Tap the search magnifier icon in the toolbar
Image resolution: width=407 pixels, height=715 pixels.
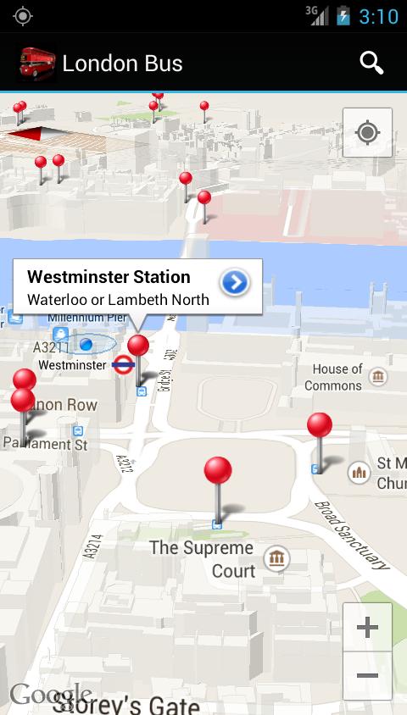371,63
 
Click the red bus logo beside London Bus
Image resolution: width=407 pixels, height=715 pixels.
36,63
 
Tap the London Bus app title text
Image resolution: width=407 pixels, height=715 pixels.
122,64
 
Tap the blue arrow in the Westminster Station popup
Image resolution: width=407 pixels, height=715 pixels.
234,283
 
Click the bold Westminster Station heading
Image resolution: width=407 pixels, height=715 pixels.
109,277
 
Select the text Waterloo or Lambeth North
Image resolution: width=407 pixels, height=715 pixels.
118,299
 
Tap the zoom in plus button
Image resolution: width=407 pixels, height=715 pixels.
367,628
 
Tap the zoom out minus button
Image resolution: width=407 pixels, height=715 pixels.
367,675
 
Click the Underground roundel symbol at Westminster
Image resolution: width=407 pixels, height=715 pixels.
123,365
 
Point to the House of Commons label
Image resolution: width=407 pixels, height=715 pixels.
337,377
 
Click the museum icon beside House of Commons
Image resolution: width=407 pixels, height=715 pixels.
378,376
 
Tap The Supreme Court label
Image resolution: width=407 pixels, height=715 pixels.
202,559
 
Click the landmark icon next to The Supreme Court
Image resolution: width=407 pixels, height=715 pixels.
276,557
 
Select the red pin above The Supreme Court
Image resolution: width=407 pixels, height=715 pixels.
218,471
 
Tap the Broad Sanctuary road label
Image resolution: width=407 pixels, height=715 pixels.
351,534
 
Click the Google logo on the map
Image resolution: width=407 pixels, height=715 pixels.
49,695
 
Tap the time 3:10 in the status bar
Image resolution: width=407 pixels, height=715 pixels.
378,16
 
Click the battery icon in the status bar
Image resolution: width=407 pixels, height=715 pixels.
343,16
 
